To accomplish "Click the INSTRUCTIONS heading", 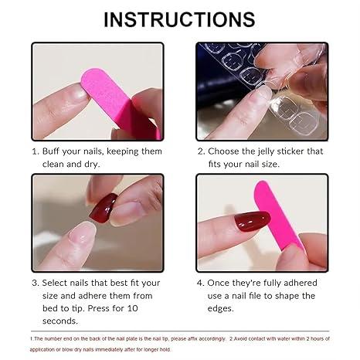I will coord(179,19).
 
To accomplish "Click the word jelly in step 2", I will coord(270,151).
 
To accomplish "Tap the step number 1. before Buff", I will coord(36,151).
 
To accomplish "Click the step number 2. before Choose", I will coord(201,151).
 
